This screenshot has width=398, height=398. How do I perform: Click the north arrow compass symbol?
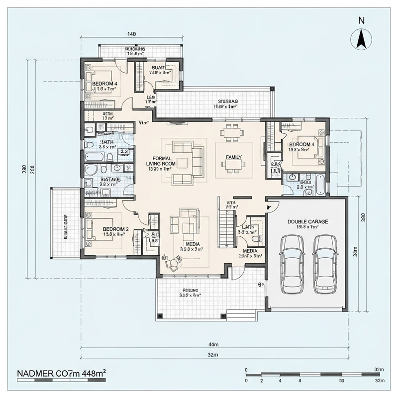362,38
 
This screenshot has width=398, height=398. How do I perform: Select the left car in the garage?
292,264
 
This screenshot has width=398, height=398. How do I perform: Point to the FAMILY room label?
234,157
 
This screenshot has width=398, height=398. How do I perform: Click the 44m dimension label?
213,345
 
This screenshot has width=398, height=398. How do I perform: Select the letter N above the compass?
362,20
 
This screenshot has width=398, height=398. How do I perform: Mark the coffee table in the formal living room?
182,163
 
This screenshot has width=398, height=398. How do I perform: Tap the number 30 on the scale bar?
342,381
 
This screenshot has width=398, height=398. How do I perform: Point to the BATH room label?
107,142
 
